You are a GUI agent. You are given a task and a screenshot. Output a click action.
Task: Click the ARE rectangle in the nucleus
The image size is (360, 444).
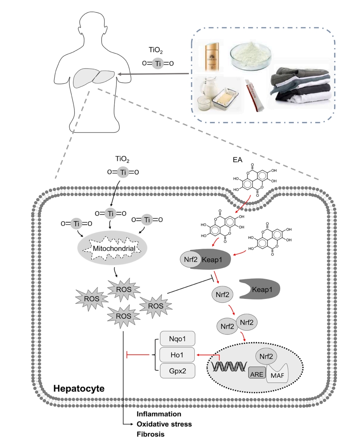257,372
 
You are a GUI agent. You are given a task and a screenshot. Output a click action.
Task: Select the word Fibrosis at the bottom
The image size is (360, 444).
150,435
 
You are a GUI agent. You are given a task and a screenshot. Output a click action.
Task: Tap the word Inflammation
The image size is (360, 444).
159,414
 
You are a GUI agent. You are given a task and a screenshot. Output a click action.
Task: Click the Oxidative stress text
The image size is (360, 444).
164,424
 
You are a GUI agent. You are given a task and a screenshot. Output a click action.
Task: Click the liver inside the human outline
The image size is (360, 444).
94,78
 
